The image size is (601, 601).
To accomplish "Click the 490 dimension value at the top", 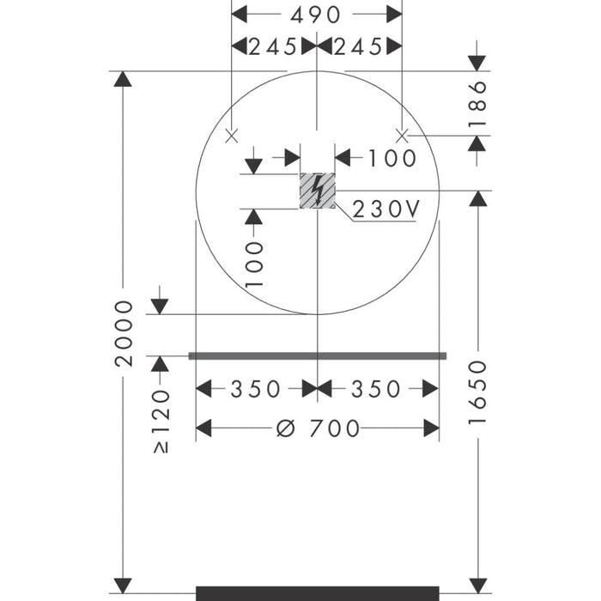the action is (315, 15).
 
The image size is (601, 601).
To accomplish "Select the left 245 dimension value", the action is (272, 46).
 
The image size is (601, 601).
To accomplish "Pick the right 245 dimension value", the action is (358, 46).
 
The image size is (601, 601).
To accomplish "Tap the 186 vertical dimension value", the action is (477, 104).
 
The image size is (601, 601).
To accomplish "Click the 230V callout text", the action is (385, 209).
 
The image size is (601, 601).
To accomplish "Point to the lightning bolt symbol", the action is (317, 191).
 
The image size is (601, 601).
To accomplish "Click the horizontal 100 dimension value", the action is (392, 158).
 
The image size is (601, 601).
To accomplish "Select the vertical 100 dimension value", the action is (254, 264).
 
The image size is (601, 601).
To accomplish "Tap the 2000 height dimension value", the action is (124, 333).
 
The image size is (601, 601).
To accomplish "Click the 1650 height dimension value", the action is (477, 392).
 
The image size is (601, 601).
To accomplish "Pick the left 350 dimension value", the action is (255, 389).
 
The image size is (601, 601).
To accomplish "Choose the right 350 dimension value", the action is (376, 389).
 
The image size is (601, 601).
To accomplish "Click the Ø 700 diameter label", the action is (319, 428).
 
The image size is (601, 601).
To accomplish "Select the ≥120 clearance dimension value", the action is (161, 422).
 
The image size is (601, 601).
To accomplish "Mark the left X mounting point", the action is (232, 136).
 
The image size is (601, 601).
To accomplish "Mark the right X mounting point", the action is (402, 136).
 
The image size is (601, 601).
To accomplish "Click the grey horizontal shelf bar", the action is (318, 356).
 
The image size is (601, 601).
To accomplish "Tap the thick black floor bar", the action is (318, 593).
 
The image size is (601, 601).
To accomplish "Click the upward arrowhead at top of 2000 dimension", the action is (123, 79).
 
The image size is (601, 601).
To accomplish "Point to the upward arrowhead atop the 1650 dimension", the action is (478, 198).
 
